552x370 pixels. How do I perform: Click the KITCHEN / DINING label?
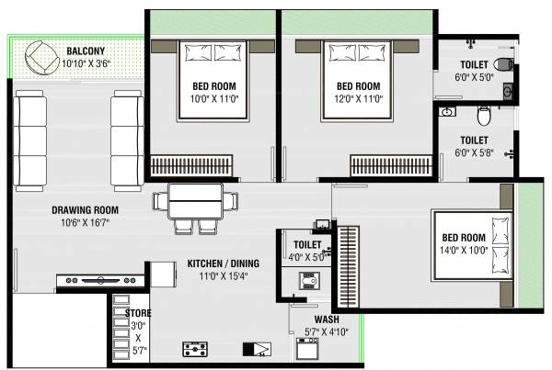[223, 263]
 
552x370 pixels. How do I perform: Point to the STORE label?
[139, 313]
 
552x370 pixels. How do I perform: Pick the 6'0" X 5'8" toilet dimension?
[475, 153]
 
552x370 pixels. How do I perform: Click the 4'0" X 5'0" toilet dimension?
[305, 258]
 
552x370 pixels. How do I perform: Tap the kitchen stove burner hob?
[195, 348]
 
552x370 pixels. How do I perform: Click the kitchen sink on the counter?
[257, 348]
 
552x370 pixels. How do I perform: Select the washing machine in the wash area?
[307, 349]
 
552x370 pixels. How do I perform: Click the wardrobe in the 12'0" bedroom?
[391, 165]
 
